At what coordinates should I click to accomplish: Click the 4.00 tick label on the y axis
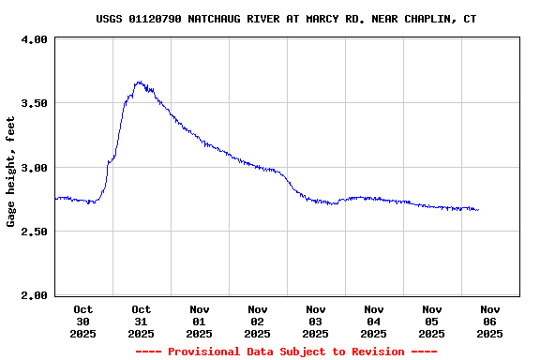34,39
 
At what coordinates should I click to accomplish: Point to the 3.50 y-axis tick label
34,103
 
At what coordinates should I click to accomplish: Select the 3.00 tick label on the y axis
34,168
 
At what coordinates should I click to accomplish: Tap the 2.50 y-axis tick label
34,232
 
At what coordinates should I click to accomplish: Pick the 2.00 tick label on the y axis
34,295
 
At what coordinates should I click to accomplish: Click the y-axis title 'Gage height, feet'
11,172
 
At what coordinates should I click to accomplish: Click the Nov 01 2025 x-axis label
199,321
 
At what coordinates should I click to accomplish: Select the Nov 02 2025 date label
257,321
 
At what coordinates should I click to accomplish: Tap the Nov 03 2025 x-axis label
315,321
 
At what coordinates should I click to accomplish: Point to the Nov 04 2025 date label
373,321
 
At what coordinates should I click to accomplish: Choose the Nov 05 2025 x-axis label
431,321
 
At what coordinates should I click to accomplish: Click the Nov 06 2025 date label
489,321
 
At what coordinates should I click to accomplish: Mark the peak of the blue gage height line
139,82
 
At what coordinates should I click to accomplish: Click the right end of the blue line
478,210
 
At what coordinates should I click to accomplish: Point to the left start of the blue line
56,198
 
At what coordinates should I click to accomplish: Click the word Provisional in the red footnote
205,352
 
